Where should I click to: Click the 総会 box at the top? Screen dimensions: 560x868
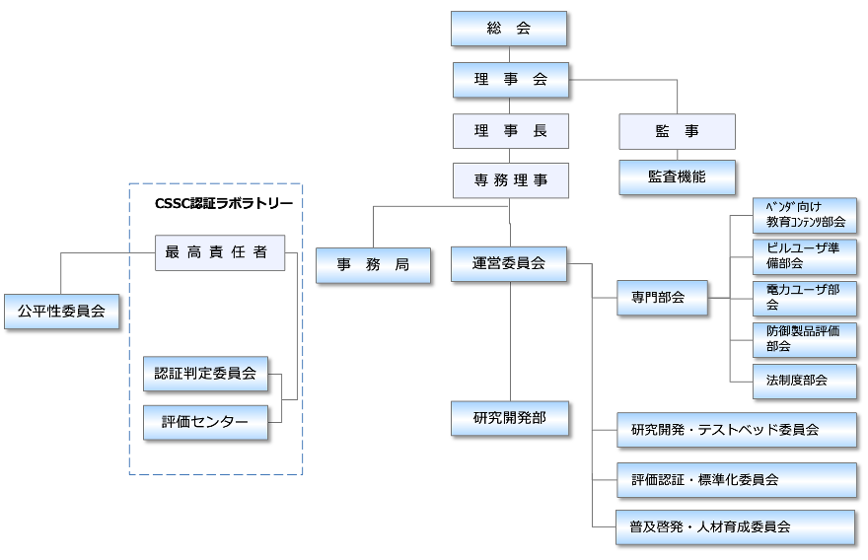point(509,29)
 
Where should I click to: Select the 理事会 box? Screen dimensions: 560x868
point(511,80)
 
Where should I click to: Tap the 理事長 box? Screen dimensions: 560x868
point(511,131)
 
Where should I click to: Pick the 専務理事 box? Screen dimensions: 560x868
point(511,180)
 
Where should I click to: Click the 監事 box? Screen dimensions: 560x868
point(677,131)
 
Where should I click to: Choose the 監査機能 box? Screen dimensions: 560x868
point(677,177)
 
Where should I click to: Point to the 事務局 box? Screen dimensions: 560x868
point(373,265)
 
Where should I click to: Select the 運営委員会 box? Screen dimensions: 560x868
point(509,263)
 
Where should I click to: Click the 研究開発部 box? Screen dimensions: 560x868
point(510,418)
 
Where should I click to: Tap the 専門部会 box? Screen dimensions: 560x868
point(663,297)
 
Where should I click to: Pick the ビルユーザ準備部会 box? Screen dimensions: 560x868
point(804,255)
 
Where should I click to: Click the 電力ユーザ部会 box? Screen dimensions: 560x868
point(804,297)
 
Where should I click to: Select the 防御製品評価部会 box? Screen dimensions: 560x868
point(804,338)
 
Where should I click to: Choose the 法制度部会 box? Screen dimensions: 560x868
point(804,381)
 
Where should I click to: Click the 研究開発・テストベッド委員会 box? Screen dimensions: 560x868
point(736,430)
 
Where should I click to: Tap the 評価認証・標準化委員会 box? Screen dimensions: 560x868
point(736,480)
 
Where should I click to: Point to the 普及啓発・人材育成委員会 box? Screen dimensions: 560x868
point(736,526)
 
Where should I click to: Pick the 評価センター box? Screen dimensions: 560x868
point(205,422)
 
